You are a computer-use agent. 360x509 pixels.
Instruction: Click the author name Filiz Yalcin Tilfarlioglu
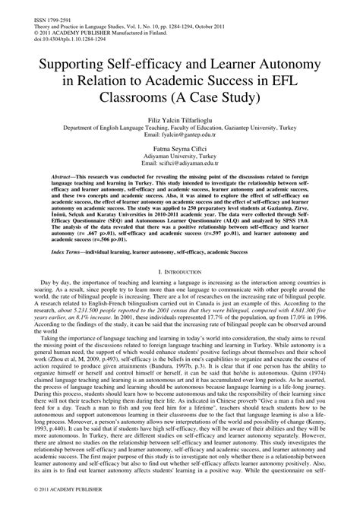point(179,121)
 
